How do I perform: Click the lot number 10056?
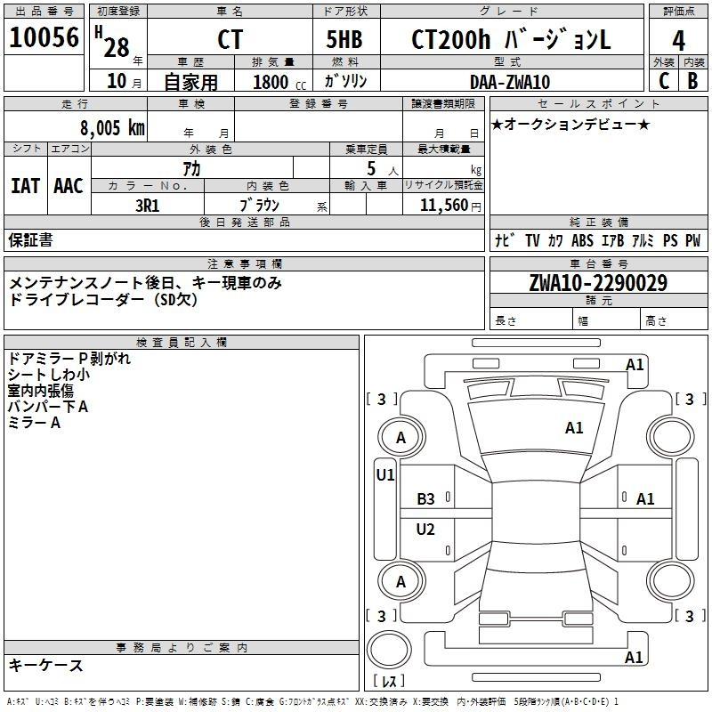44,37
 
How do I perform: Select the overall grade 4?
678,41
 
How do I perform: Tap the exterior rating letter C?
664,81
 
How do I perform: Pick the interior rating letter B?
692,81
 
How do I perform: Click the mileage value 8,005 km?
112,128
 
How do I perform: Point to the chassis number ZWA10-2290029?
598,283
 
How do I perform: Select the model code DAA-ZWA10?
509,82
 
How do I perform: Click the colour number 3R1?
147,206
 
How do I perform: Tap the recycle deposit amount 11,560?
444,206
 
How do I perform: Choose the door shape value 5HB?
344,39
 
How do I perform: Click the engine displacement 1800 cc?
279,82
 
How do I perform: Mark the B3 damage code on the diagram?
425,499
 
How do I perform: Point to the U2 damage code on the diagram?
425,529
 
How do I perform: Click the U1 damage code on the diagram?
385,475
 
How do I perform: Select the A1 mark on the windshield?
574,428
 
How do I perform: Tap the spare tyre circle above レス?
389,649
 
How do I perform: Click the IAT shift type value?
25,186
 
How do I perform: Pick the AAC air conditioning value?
69,186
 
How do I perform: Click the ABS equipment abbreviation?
583,240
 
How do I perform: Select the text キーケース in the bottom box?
46,665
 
